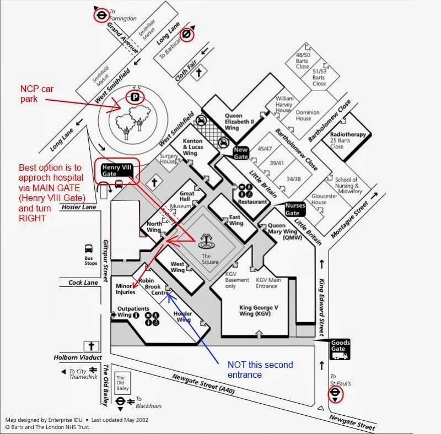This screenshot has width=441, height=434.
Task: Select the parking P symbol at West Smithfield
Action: pyautogui.click(x=135, y=98)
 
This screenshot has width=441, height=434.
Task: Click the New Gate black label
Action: pyautogui.click(x=241, y=153)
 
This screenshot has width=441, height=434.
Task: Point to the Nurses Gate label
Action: pyautogui.click(x=295, y=209)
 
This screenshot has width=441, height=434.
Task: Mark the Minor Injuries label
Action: pyautogui.click(x=125, y=289)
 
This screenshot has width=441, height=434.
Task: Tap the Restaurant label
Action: pyautogui.click(x=252, y=202)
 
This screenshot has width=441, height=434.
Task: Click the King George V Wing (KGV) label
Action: pyautogui.click(x=259, y=310)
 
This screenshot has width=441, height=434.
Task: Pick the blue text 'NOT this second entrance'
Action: pyautogui.click(x=260, y=370)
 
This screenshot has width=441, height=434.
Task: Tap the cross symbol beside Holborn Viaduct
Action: pyautogui.click(x=91, y=346)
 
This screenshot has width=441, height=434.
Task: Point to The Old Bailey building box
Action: pyautogui.click(x=121, y=383)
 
